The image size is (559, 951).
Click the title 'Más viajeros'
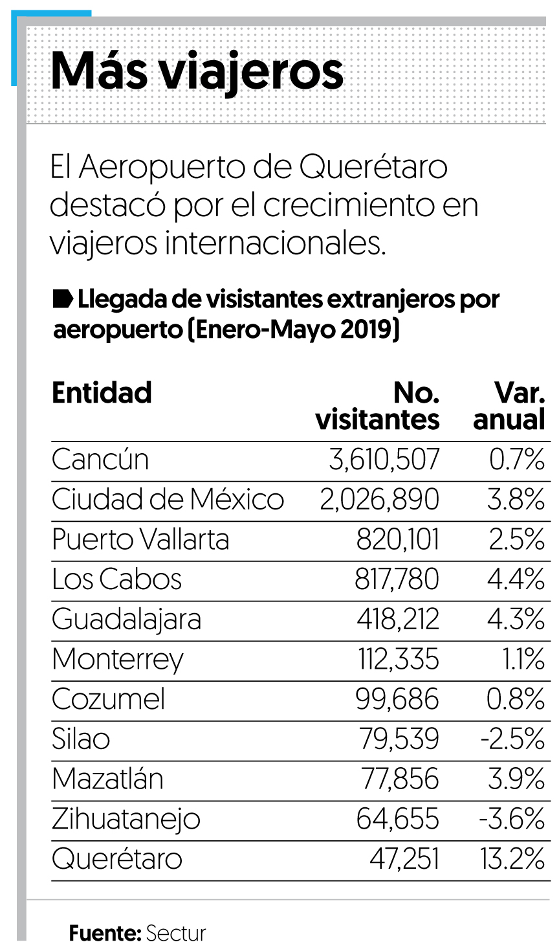197,71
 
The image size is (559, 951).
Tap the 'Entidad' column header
102,393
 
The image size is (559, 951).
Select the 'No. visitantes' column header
378,407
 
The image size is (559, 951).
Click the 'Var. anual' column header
510,407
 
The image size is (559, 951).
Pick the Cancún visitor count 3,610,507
384,460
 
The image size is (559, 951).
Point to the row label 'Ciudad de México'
168,500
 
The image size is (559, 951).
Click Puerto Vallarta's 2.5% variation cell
516,540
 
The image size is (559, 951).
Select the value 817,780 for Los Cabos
397,579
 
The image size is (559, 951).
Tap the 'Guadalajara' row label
126,620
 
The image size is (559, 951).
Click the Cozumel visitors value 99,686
397,700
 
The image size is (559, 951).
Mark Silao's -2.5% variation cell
512,739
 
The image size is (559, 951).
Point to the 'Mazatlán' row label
107,779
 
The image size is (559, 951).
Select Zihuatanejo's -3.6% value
511,820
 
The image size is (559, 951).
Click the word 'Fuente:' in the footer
105,934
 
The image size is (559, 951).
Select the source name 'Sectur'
176,934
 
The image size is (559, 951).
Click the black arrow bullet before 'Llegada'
63,299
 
